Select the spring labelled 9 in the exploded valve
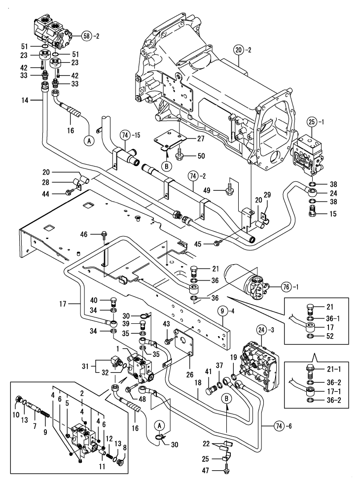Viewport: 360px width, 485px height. (45, 419)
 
